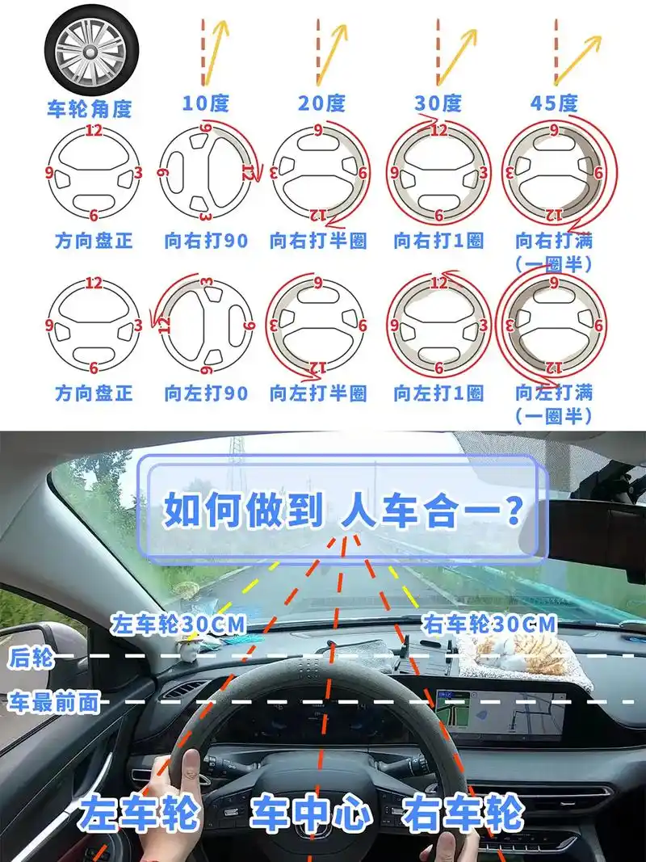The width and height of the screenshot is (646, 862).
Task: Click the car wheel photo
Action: (91, 50)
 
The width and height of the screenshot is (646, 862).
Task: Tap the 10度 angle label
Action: (205, 103)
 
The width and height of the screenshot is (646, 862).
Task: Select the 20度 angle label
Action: (321, 103)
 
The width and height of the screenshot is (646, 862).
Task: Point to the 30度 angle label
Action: (438, 103)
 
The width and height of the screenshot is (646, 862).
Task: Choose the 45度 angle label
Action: (555, 103)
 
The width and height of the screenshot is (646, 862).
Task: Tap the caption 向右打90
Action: (206, 241)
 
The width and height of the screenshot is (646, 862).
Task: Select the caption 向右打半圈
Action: (318, 241)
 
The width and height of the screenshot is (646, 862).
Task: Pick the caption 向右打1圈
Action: (438, 241)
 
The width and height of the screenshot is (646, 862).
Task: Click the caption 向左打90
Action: (206, 393)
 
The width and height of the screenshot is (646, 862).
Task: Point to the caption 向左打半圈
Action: (318, 393)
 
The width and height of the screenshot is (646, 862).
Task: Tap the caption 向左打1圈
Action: (438, 393)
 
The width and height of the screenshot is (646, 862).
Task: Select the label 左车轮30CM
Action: (178, 624)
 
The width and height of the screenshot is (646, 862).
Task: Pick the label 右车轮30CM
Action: (489, 624)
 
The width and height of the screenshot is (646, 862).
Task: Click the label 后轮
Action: (31, 658)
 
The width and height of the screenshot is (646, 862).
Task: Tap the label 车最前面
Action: (53, 702)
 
